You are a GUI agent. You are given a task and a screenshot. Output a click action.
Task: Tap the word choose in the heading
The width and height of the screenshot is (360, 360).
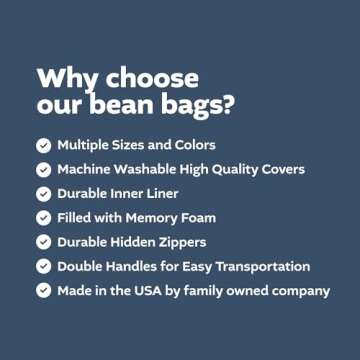(x=149, y=79)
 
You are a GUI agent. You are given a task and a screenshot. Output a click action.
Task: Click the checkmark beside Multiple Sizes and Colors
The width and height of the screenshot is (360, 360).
(x=44, y=145)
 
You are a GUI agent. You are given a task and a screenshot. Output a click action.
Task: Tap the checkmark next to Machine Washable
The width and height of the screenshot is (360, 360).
(x=44, y=169)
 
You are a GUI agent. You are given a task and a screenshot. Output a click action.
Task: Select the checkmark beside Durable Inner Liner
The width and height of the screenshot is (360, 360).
(x=44, y=193)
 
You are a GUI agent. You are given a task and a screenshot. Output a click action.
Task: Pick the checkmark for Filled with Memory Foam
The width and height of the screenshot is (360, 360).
(x=44, y=217)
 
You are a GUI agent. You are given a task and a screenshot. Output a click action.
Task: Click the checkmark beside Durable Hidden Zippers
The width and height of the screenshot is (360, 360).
(x=44, y=241)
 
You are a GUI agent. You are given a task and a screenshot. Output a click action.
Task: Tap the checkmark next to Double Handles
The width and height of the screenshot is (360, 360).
(x=44, y=266)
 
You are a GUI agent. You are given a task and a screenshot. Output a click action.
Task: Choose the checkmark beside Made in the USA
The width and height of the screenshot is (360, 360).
(x=44, y=290)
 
